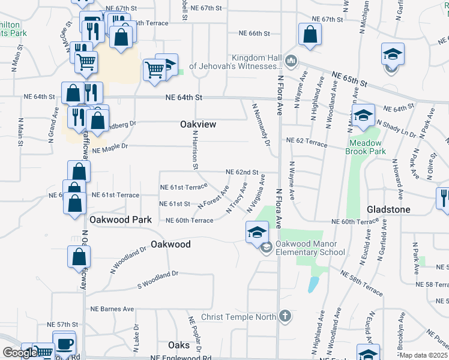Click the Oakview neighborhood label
click(197, 124)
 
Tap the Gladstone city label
click(388, 209)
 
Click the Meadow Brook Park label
click(365, 147)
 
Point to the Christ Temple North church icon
click(285, 316)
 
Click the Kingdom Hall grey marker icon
click(291, 60)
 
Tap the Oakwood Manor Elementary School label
click(310, 248)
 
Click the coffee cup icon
click(64, 343)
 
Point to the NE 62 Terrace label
click(307, 142)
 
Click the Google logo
click(20, 353)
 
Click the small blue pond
click(313, 284)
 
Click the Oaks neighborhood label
click(179, 345)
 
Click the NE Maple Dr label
click(111, 146)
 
